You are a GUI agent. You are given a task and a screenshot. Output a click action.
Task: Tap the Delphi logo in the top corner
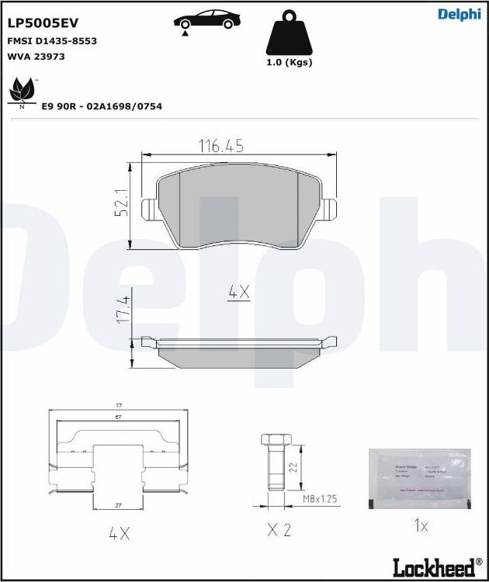tap(459, 14)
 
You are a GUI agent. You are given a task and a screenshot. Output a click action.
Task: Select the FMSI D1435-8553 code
tap(52, 41)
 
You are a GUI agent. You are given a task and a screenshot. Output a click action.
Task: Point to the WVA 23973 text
tap(36, 57)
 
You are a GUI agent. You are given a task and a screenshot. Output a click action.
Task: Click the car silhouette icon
tap(205, 21)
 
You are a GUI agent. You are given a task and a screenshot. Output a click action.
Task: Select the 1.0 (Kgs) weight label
tap(289, 62)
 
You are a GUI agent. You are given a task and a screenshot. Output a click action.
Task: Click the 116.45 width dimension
tap(221, 145)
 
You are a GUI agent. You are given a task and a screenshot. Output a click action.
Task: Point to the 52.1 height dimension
tap(120, 204)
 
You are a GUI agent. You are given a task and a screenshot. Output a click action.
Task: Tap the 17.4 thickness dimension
tap(122, 309)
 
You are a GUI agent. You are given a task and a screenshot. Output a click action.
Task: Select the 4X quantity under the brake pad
tap(238, 292)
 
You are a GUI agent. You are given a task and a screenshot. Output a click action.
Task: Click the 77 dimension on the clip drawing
tap(120, 406)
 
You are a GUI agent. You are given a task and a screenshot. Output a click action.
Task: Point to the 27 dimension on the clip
tap(120, 505)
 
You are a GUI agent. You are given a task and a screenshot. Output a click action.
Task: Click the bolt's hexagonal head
tap(272, 442)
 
